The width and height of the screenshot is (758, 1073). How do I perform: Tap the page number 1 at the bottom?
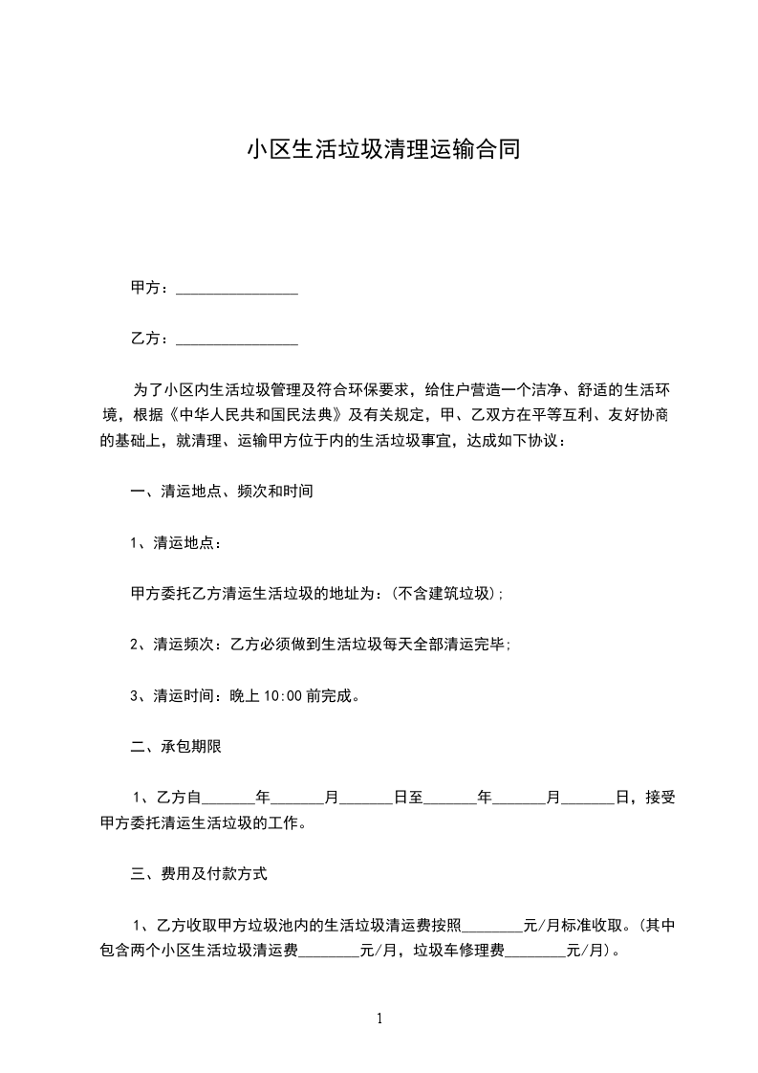[x=379, y=1018]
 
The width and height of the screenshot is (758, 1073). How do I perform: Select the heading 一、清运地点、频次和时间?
[x=222, y=493]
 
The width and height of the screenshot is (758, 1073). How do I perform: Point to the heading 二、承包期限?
[x=176, y=747]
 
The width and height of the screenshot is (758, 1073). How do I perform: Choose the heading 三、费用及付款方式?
[x=199, y=873]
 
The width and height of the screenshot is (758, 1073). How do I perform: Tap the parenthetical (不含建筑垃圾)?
[x=445, y=594]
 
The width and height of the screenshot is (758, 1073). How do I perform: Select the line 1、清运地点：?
[x=177, y=543]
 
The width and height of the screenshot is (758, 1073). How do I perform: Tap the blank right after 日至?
[x=449, y=798]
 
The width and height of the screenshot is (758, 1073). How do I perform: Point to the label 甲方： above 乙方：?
[x=151, y=289]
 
